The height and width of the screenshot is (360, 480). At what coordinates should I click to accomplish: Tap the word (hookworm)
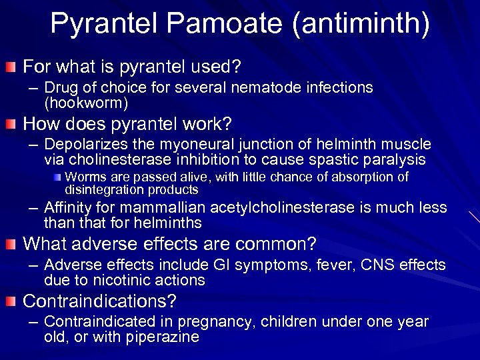tap(86, 103)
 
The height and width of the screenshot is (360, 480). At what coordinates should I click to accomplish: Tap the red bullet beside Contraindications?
tap(10, 301)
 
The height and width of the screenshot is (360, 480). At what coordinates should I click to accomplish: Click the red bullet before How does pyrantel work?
tap(10, 124)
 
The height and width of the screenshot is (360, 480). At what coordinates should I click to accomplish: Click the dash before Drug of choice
tap(33, 88)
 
